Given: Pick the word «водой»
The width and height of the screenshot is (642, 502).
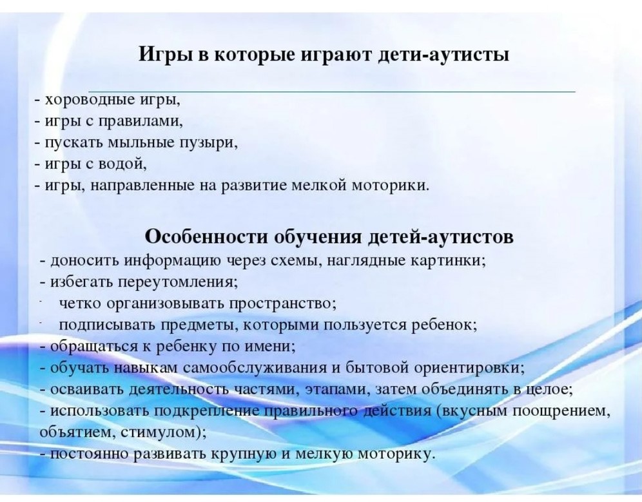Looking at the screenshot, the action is (122, 164).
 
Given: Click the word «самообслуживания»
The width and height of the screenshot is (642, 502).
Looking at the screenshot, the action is (255, 368).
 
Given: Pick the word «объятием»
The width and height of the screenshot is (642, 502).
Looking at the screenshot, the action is (77, 432).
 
